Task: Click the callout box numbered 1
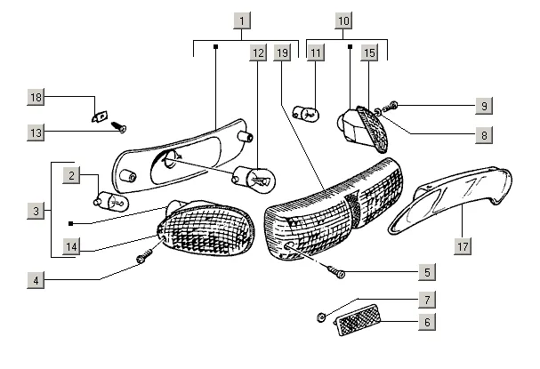coord(243,18)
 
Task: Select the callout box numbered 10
coord(344,18)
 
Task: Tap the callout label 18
coord(36,96)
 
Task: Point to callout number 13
coord(36,132)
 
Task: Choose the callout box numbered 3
coord(36,211)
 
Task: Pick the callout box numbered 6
coord(427,322)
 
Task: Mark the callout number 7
coord(427,300)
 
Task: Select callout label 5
coord(427,272)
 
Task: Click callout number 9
coord(482,106)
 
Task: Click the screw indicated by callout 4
coord(142,259)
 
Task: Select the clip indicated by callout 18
coord(101,115)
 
